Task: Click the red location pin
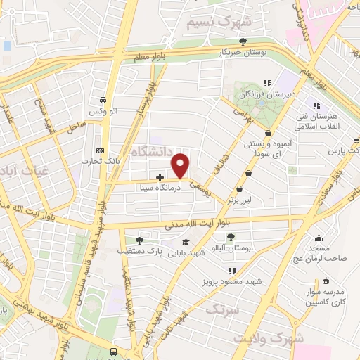tap(181, 165)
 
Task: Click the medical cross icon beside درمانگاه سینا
tap(160, 177)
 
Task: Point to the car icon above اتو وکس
tap(103, 101)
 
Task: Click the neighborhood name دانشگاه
tap(155, 148)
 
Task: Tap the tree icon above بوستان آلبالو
tap(232, 237)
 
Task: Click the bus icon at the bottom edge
tap(114, 351)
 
